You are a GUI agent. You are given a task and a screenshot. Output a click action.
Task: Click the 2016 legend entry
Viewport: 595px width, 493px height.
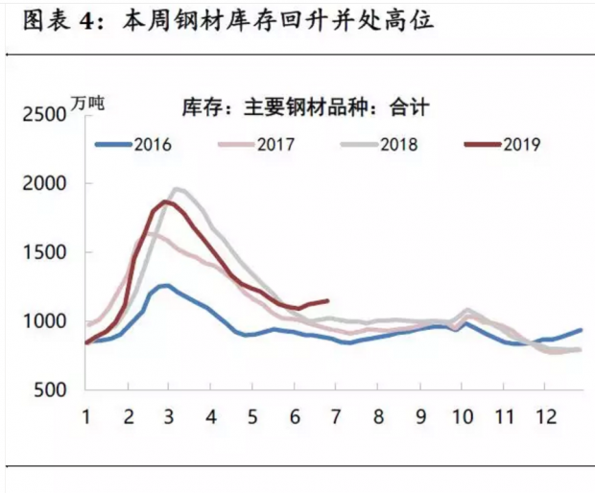click(x=133, y=145)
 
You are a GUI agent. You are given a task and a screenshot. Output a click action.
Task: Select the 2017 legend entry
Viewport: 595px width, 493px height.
click(x=256, y=145)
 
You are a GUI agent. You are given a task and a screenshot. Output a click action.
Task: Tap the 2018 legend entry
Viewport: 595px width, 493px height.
click(x=379, y=145)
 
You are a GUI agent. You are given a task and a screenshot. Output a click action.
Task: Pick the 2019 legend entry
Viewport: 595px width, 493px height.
click(x=503, y=145)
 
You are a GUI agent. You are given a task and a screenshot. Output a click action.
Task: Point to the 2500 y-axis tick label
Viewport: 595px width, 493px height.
click(x=45, y=114)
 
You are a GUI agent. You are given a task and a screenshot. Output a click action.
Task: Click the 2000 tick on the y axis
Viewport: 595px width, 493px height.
click(x=45, y=184)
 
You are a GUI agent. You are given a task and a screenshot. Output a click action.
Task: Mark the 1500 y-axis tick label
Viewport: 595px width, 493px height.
click(x=45, y=252)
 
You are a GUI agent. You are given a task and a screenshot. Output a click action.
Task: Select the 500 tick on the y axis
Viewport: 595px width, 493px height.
click(x=51, y=389)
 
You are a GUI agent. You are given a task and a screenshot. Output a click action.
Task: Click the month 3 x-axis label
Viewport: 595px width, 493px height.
click(x=169, y=417)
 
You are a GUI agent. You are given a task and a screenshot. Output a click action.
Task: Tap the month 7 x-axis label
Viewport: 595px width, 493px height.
click(x=336, y=417)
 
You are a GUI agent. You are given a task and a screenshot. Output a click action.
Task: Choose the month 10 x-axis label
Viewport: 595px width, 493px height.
click(x=463, y=417)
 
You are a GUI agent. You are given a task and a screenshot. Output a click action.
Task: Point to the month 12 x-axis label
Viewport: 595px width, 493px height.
click(x=545, y=417)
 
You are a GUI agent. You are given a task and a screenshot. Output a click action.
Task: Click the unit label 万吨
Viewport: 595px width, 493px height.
click(x=87, y=104)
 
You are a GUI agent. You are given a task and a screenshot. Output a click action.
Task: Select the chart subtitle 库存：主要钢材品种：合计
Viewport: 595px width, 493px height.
click(x=305, y=107)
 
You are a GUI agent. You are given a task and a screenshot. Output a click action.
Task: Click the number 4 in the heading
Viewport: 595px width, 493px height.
click(x=87, y=21)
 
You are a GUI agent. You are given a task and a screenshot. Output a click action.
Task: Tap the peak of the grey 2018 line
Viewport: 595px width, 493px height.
click(x=176, y=189)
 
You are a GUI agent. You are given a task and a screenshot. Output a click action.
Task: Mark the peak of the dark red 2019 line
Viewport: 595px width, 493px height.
click(x=165, y=201)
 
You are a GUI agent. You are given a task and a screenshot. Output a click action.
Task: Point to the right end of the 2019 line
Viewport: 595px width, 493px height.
click(x=327, y=301)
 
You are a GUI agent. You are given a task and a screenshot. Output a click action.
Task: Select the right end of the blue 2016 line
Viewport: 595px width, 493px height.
click(x=581, y=330)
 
